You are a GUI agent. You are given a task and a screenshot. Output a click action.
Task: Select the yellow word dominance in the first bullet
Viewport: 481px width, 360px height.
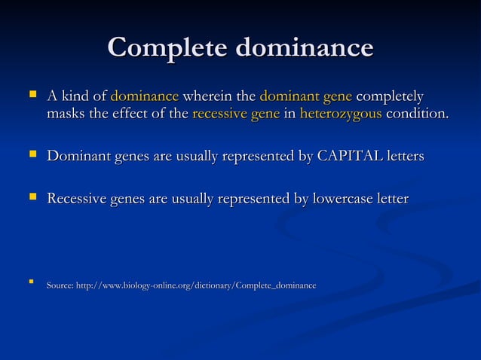(x=145, y=97)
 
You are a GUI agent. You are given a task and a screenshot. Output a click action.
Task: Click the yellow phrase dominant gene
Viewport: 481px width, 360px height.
(x=305, y=97)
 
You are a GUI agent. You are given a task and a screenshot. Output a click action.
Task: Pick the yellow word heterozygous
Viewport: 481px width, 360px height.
(x=341, y=115)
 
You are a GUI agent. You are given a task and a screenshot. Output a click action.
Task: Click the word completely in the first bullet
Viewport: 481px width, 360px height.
(x=390, y=97)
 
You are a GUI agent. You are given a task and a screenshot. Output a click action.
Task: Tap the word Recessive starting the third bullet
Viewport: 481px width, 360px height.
(x=76, y=200)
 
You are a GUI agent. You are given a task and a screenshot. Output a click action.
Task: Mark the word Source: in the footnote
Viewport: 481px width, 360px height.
(x=60, y=285)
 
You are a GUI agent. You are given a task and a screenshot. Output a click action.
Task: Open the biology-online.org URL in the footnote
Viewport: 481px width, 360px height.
(x=196, y=285)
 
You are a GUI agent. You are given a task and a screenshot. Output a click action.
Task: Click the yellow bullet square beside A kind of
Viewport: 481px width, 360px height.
(x=32, y=96)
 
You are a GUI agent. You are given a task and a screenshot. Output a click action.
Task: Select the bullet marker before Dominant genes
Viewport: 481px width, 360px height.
(x=32, y=155)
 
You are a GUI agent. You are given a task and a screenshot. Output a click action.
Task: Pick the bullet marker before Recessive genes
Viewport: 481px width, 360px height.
(x=32, y=198)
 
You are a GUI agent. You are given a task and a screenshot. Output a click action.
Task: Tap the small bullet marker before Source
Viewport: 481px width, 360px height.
(x=31, y=284)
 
